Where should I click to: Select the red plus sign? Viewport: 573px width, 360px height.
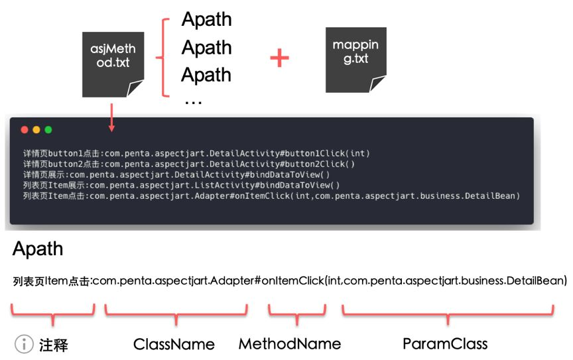280,59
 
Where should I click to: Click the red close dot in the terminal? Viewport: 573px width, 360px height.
25,130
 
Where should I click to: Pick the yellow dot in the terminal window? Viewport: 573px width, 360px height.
36,130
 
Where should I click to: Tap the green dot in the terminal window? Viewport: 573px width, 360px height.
48,130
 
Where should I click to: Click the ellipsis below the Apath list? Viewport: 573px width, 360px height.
192,100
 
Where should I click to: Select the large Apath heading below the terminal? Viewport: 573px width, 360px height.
38,249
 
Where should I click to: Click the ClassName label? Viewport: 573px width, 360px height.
174,344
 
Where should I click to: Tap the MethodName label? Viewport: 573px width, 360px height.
290,343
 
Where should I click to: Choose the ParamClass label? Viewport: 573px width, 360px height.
445,343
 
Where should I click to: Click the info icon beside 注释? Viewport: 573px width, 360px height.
24,344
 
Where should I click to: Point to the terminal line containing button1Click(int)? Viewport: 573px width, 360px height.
196,153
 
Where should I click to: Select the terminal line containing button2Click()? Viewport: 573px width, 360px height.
189,164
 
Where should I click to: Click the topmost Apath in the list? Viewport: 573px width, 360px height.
206,19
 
